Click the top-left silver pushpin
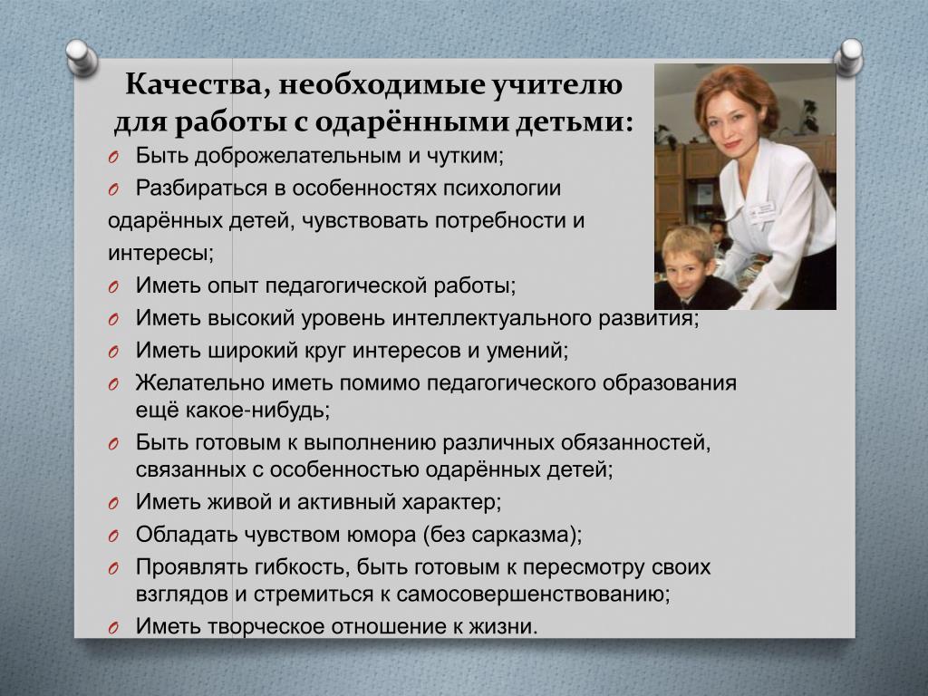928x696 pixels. point(82,57)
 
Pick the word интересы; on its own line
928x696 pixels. point(160,254)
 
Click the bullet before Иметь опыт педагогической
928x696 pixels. point(113,287)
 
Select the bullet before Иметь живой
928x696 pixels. point(113,504)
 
